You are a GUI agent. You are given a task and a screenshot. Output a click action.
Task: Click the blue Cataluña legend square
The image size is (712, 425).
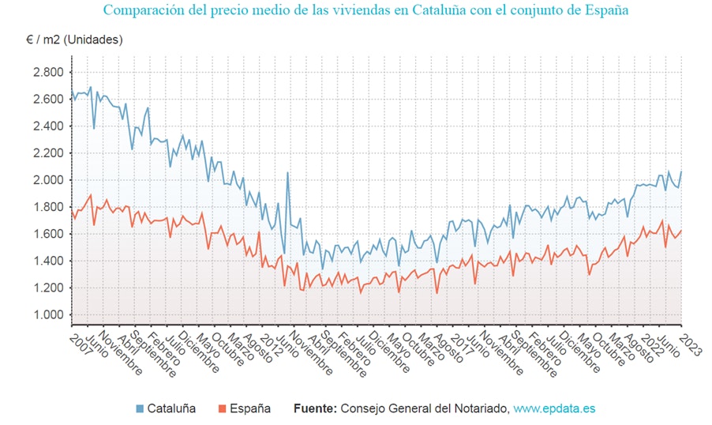[140, 408]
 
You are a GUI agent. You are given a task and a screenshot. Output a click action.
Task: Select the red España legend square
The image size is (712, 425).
[223, 408]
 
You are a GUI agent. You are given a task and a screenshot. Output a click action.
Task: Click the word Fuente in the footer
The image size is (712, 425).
[314, 408]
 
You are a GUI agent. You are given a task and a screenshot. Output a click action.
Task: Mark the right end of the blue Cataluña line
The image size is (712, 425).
[681, 171]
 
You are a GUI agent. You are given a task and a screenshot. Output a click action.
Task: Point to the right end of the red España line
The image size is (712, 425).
[681, 231]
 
